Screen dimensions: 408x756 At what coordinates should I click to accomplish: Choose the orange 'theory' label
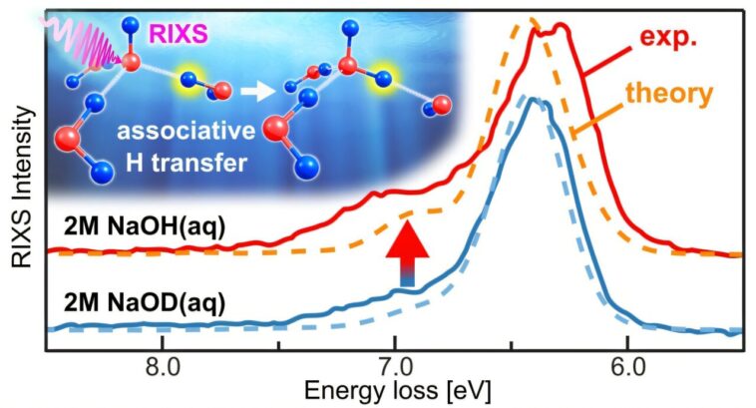tap(668, 94)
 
